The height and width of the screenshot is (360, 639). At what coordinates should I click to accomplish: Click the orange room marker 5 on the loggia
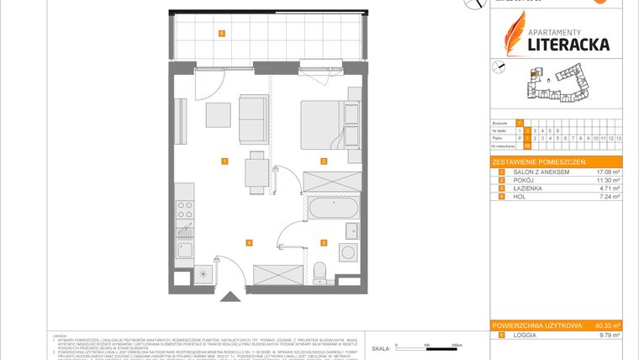point(221,34)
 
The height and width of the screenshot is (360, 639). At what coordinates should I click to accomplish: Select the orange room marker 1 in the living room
point(224,161)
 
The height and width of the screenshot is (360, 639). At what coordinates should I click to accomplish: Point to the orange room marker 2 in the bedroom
point(322,161)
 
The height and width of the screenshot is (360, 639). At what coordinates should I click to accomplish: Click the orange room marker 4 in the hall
point(249,242)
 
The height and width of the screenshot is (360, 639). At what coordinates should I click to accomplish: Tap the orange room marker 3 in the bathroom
point(323,242)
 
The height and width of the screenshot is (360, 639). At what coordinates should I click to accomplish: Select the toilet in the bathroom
point(319,271)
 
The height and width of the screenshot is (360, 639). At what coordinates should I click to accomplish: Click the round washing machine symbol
point(349,251)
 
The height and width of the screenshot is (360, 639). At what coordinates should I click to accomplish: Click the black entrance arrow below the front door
point(228,295)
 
